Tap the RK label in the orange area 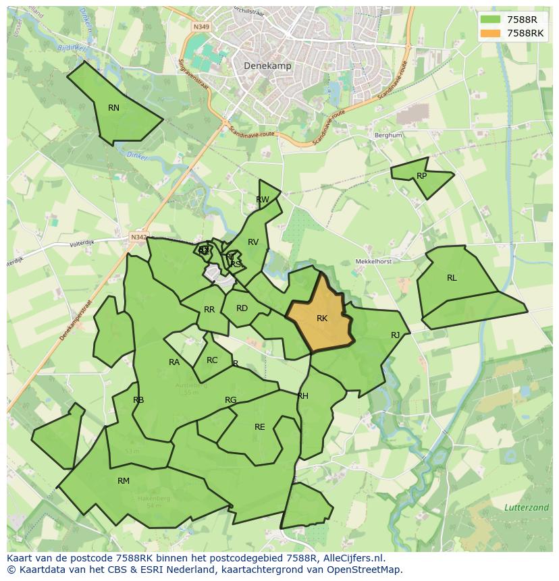pos(322,318)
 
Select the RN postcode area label pos(113,107)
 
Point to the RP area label pos(422,176)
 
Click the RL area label pos(452,277)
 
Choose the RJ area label pos(396,335)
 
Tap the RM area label pos(124,480)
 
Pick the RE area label pos(260,426)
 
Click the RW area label pos(263,199)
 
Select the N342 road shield pos(138,237)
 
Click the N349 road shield pos(201,27)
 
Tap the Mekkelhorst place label pos(374,261)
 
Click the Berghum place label pos(388,135)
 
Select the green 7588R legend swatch pos(490,20)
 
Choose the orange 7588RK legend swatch pos(490,33)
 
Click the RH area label pos(302,395)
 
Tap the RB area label pos(138,399)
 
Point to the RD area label pos(242,308)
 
